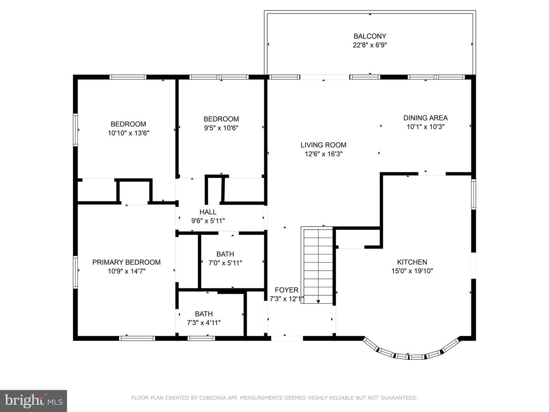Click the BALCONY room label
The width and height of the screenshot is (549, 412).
[x=370, y=36]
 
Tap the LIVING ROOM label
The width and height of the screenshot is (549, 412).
[x=323, y=145]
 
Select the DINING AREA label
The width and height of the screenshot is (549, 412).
[x=425, y=118]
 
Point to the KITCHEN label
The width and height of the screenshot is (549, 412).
[x=412, y=262]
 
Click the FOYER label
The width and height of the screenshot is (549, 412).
[x=287, y=290]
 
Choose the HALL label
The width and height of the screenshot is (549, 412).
[x=208, y=212]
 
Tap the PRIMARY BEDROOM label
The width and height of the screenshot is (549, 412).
[x=126, y=262]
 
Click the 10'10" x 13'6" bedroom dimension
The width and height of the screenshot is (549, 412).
[x=128, y=133]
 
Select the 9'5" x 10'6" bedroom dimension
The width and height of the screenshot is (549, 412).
[x=221, y=128]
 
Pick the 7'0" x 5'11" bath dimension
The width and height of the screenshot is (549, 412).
[x=225, y=263]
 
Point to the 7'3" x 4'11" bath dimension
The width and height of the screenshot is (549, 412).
[x=204, y=323]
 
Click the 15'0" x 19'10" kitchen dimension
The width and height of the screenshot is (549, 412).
[x=412, y=271]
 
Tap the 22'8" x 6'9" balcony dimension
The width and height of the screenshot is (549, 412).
[x=370, y=45]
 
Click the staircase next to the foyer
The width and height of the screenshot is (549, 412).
[x=318, y=265]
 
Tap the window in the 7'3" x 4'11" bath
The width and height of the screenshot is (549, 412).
[x=201, y=338]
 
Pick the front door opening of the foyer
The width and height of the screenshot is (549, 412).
[x=287, y=338]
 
